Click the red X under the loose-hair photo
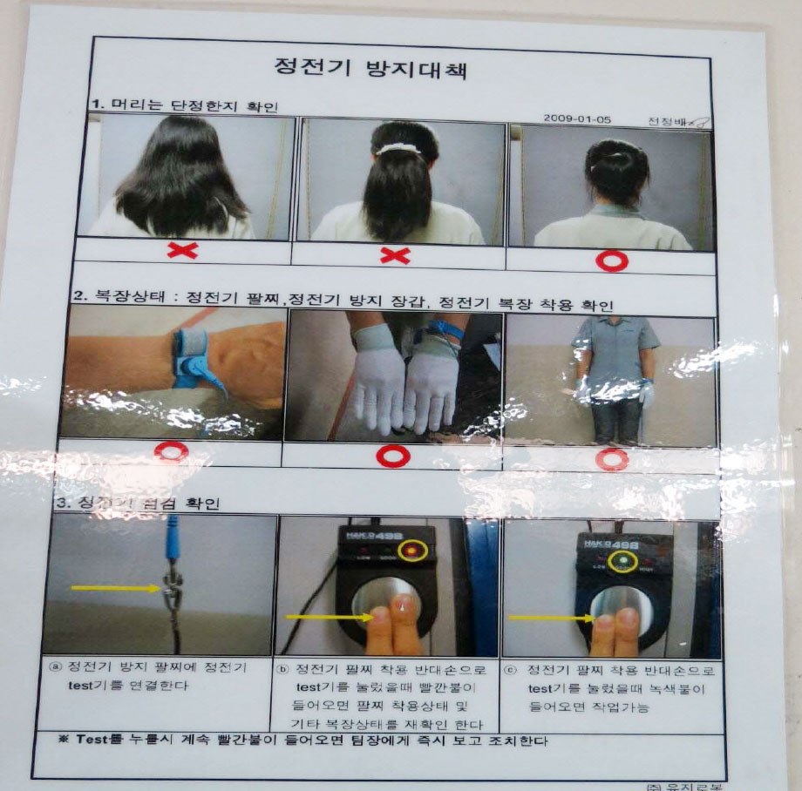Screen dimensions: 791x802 click(x=182, y=251)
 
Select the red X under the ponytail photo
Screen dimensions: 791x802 click(x=395, y=255)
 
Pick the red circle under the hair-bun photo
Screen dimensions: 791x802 click(x=612, y=260)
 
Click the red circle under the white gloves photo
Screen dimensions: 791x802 click(x=392, y=455)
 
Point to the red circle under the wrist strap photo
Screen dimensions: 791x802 click(x=171, y=451)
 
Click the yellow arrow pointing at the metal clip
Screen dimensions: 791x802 click(x=113, y=589)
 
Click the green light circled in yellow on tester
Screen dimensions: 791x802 click(x=622, y=558)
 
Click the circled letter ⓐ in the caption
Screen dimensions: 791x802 click(x=56, y=667)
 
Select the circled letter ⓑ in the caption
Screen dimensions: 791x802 click(x=283, y=670)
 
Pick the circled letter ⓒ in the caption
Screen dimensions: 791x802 click(x=509, y=671)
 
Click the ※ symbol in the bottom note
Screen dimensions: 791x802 click(x=63, y=741)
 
